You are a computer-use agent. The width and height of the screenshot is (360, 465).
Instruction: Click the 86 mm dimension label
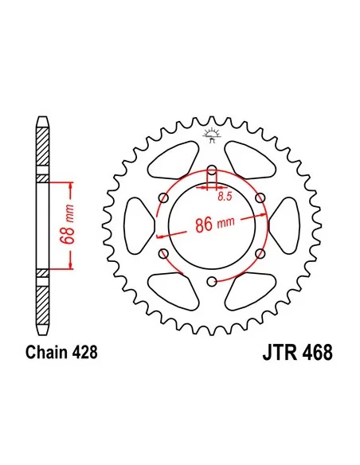[x=215, y=224]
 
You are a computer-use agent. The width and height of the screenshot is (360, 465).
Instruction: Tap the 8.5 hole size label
[x=225, y=197]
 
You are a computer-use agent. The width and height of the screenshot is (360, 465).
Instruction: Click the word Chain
[x=46, y=352]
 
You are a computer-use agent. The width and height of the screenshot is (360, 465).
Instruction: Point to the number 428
[x=84, y=352]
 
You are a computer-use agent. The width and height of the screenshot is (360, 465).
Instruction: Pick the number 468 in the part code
[x=318, y=352]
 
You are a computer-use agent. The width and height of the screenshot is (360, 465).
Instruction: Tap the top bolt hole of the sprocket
[x=212, y=170]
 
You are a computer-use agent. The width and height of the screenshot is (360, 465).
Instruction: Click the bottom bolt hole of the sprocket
[x=212, y=281]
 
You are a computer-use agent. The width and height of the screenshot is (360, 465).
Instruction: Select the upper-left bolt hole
[x=164, y=197]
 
